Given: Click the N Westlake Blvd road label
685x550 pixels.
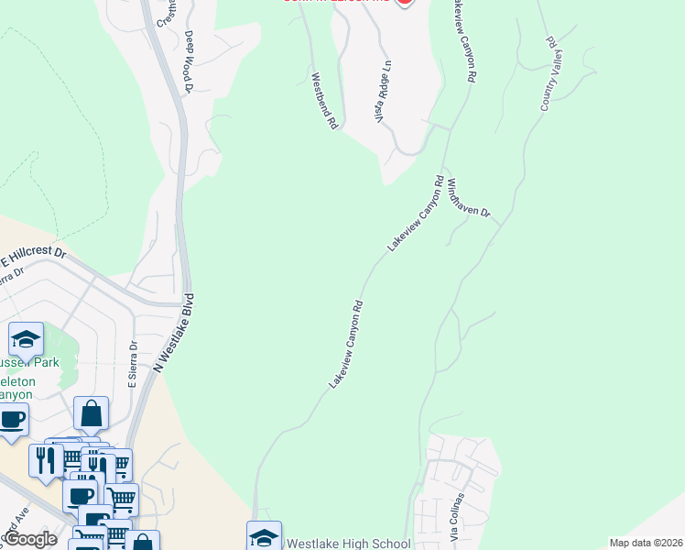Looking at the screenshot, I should click(x=177, y=333).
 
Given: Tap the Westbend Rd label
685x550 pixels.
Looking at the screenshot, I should click(x=324, y=101).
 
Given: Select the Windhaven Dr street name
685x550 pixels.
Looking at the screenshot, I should click(x=469, y=197).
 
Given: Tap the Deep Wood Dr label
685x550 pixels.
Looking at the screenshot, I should click(x=190, y=61).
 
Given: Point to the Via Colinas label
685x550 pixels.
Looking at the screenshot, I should click(x=457, y=516).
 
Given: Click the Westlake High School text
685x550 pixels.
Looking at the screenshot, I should click(x=349, y=544).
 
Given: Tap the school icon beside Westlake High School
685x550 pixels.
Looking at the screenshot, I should click(x=264, y=537).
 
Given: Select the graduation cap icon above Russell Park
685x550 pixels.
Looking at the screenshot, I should click(x=27, y=340).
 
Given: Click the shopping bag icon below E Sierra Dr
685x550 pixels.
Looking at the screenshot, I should click(x=92, y=414).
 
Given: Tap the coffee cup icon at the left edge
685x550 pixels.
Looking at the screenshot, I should click(x=11, y=420).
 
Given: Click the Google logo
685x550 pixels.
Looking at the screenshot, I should click(x=30, y=539).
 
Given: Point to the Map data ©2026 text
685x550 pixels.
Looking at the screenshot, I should click(x=646, y=543).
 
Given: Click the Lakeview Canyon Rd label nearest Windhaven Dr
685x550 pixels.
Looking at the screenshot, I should click(x=416, y=214).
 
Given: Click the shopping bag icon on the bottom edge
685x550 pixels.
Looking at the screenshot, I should click(x=144, y=542).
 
